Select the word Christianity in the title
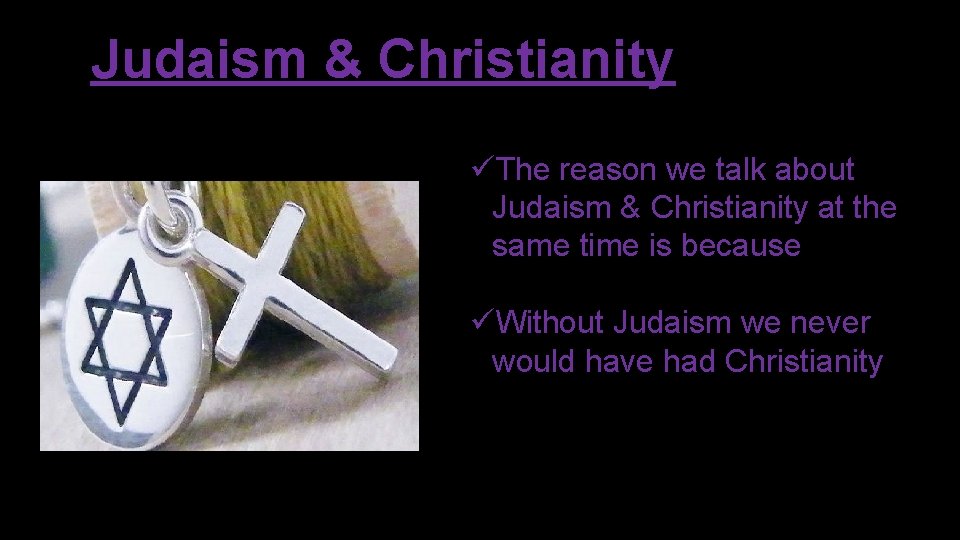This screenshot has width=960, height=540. [x=526, y=60]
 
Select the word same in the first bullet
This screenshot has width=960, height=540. [x=531, y=246]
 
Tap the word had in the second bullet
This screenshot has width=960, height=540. [x=690, y=361]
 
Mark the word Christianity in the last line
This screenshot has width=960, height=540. [x=804, y=361]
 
